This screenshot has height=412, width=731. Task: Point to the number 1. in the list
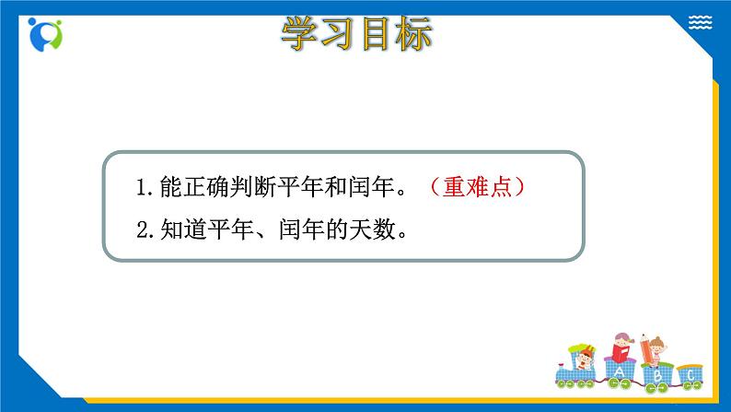tap(143, 188)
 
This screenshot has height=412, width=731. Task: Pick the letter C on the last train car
tap(690, 375)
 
